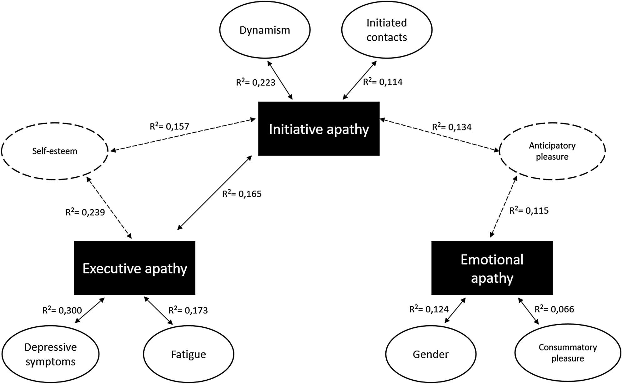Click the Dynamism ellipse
pos(265,30)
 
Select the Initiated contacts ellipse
pos(387,30)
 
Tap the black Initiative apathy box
pos(319,129)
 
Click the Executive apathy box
pos(134,268)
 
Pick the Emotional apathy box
pos(492,268)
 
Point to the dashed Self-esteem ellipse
pos(55,151)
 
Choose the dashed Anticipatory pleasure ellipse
pos(552,151)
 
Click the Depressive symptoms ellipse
pos(50,354)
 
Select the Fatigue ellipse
pos(188,354)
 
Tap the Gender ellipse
pos(431,354)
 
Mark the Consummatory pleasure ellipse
pos(568,353)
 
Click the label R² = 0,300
pos(62,310)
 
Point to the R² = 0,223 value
pos(256,82)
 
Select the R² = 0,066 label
pos(554,309)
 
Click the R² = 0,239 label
pos(85,212)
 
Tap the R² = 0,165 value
pos(242,194)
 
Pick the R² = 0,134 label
pos(452,127)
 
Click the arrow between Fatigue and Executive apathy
pos(158,311)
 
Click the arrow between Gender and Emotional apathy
pos(455,310)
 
